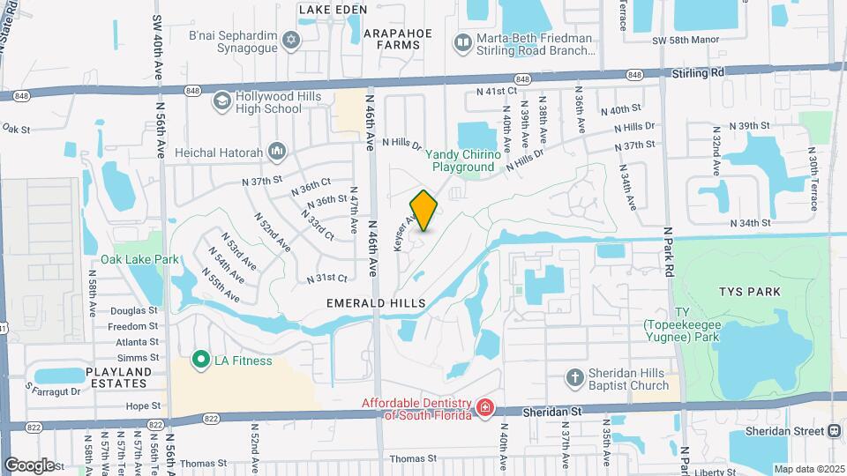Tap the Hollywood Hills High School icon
pyautogui.click(x=221, y=103)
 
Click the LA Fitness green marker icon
pyautogui.click(x=200, y=361)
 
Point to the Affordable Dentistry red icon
pyautogui.click(x=483, y=408)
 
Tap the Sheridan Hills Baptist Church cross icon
pyautogui.click(x=575, y=378)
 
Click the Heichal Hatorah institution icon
pyautogui.click(x=276, y=152)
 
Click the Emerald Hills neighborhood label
pyautogui.click(x=376, y=302)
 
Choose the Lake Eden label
pyautogui.click(x=332, y=10)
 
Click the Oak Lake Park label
pyautogui.click(x=139, y=259)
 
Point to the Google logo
pyautogui.click(x=28, y=465)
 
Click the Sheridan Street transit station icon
pyautogui.click(x=834, y=430)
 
